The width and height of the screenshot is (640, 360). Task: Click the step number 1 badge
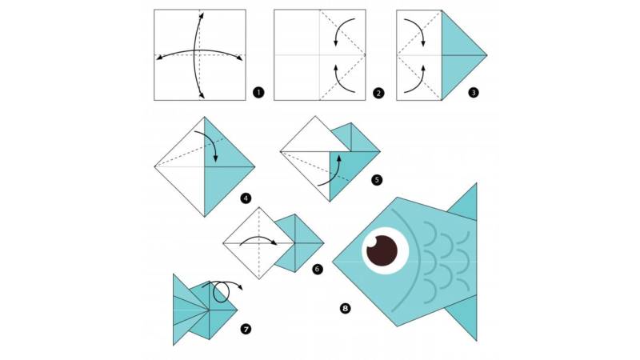258,93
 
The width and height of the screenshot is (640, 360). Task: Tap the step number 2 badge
378,93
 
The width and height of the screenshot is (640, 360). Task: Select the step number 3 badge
474,93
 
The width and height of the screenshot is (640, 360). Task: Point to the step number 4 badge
246,198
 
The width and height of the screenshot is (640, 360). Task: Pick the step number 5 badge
377,179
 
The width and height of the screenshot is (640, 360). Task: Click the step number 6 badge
317,269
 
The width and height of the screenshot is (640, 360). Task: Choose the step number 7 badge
246,329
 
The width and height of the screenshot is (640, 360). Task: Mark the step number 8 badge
346,308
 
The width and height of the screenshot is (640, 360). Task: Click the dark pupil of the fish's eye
382,251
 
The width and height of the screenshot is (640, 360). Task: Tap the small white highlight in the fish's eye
373,244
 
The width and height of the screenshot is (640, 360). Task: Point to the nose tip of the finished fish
333,262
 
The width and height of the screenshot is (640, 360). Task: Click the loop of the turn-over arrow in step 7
222,292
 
